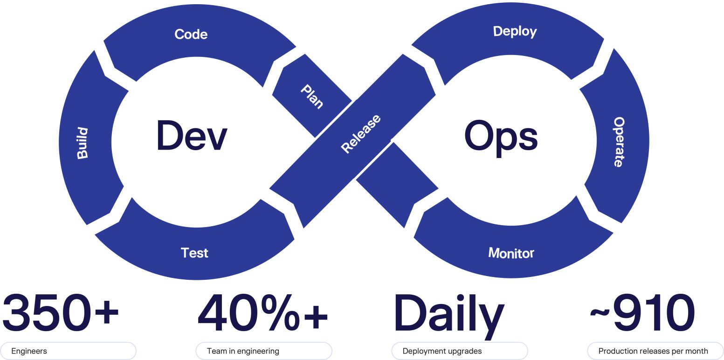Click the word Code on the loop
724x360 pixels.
(191, 34)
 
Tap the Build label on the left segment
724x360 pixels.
(83, 143)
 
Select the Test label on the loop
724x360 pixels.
(194, 253)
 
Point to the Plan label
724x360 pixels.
(312, 96)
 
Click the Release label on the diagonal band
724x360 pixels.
(361, 133)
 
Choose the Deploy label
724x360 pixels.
(515, 31)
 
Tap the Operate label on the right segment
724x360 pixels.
(618, 142)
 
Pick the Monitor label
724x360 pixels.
(511, 253)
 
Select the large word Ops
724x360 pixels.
(501, 136)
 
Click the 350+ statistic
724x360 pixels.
(61, 311)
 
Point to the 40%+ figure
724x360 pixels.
(262, 311)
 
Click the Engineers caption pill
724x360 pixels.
(69, 351)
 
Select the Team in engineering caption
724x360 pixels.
(263, 351)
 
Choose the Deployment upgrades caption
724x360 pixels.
(459, 351)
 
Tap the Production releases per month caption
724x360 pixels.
(655, 351)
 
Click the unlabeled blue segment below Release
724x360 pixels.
(396, 184)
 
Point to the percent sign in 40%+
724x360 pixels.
(279, 311)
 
